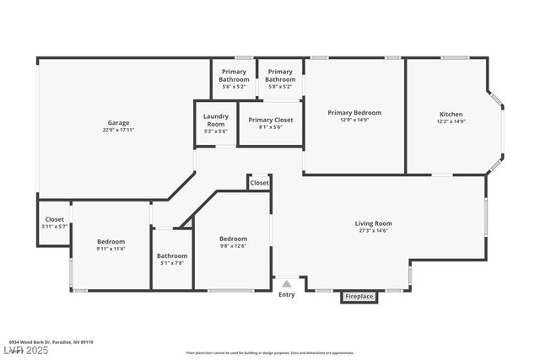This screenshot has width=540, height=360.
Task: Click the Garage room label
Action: click(x=118, y=123)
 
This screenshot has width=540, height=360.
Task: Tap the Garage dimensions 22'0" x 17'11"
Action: click(x=118, y=130)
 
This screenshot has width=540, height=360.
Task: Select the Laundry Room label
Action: click(x=216, y=119)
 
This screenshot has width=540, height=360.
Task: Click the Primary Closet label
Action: click(x=271, y=120)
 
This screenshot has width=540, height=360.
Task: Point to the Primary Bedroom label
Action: click(x=354, y=113)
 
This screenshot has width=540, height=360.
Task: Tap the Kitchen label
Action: click(x=451, y=115)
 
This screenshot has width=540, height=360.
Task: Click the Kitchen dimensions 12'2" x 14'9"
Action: click(x=451, y=121)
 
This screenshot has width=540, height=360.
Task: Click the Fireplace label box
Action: click(x=359, y=297)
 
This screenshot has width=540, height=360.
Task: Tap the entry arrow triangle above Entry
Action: click(x=287, y=284)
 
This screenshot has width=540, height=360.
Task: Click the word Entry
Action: click(x=287, y=294)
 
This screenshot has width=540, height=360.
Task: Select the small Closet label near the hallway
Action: click(x=259, y=182)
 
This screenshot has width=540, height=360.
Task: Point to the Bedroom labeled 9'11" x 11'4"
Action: click(x=110, y=242)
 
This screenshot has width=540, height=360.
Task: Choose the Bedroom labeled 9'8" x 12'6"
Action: click(x=233, y=239)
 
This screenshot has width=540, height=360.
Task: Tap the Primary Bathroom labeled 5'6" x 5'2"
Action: click(x=235, y=76)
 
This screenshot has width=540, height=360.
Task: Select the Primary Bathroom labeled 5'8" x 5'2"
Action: click(x=280, y=76)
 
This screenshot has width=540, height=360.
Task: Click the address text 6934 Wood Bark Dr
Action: click(x=34, y=342)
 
